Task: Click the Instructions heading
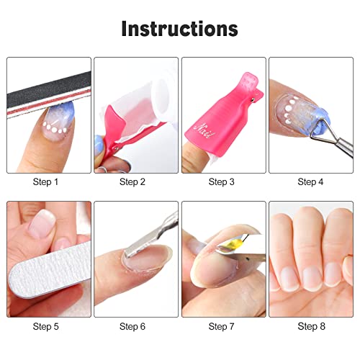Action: (x=179, y=29)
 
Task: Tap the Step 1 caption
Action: (x=47, y=182)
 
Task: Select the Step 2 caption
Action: (x=134, y=182)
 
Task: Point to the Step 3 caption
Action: (x=223, y=182)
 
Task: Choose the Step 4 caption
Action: (x=310, y=182)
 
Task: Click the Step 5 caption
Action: (x=47, y=326)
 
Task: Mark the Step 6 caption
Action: (x=134, y=326)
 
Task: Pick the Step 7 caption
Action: (x=223, y=326)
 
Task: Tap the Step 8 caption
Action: (x=310, y=326)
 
